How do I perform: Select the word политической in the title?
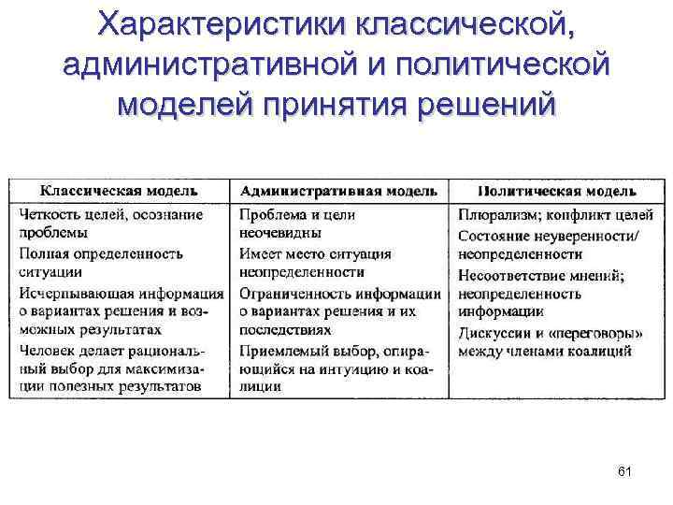pos(504,65)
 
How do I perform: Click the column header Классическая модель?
pos(121,191)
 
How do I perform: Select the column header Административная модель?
pos(337,191)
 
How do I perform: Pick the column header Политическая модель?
pos(558,191)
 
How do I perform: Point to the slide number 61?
pos(624,471)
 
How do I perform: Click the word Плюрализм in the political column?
pos(491,215)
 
